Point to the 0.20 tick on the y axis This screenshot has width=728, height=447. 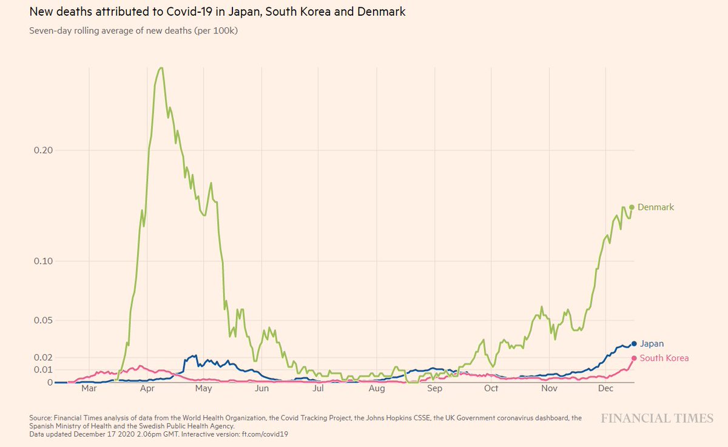42,150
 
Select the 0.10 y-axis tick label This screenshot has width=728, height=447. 42,261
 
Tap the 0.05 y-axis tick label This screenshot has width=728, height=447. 42,320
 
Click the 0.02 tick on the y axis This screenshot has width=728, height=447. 42,358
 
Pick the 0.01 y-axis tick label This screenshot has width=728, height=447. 42,370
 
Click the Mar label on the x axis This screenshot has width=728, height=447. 89,388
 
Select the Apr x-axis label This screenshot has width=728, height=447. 147,388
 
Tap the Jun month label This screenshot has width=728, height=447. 261,388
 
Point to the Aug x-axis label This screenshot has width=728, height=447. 377,388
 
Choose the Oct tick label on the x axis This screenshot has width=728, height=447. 491,388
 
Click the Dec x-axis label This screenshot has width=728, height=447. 607,388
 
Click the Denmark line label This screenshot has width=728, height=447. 656,207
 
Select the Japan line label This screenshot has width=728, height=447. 652,344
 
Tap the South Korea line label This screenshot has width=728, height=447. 664,358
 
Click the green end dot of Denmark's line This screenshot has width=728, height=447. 632,207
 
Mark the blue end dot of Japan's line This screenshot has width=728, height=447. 634,344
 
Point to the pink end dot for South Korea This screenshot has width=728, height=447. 634,358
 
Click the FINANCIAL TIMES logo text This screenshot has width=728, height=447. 657,418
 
